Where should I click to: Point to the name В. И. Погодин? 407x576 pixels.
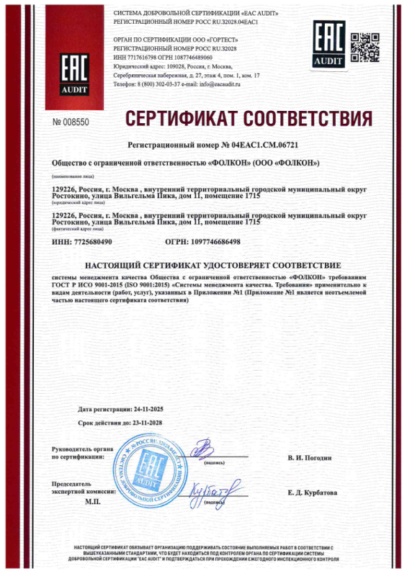309,458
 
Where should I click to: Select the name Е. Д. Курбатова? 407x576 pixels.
311,492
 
